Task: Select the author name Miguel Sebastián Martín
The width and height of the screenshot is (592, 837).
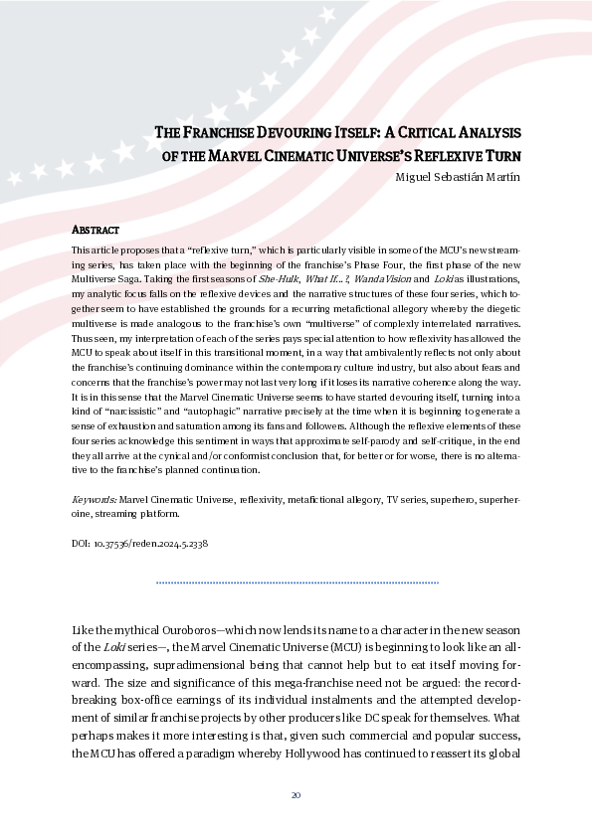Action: (461, 177)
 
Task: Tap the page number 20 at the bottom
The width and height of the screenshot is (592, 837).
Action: (296, 795)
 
